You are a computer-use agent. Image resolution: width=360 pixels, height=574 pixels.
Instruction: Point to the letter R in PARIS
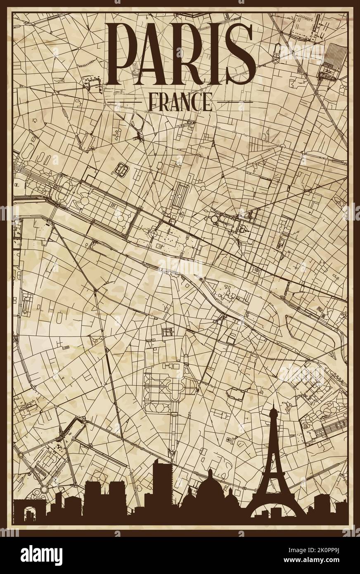coord(189,48)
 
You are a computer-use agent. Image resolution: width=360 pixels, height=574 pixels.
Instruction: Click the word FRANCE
coord(180,101)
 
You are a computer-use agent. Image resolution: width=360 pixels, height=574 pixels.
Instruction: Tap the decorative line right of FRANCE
coord(234,101)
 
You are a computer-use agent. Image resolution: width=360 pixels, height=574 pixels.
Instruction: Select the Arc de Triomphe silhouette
coord(30,512)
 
